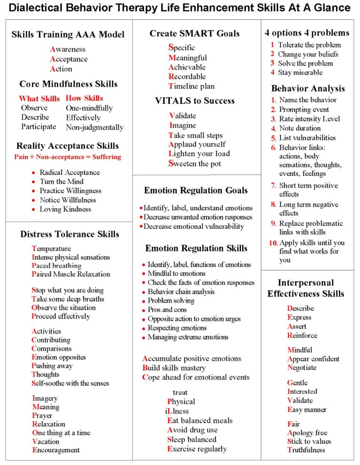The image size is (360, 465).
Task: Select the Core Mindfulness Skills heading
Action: pyautogui.click(x=68, y=84)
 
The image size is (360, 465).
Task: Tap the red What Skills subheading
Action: pyautogui.click(x=39, y=99)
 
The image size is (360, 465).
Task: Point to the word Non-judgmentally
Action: pyautogui.click(x=95, y=127)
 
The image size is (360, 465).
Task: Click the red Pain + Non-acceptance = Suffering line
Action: pyautogui.click(x=67, y=157)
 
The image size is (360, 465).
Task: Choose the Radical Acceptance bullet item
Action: pyautogui.click(x=70, y=172)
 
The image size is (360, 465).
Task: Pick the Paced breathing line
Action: pyautogui.click(x=57, y=266)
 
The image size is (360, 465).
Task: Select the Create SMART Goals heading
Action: pyautogui.click(x=195, y=33)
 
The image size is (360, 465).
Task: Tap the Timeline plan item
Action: pyautogui.click(x=191, y=86)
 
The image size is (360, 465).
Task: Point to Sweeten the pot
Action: pyautogui.click(x=195, y=164)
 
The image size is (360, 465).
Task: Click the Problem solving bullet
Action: pyautogui.click(x=171, y=301)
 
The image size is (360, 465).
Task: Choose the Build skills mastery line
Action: pyautogui.click(x=174, y=368)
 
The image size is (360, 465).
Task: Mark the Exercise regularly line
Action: pyautogui.click(x=197, y=449)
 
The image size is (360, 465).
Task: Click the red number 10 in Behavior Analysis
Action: pyautogui.click(x=273, y=243)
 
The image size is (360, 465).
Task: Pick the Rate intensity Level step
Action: pyautogui.click(x=309, y=119)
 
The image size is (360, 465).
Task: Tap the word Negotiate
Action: pyautogui.click(x=302, y=367)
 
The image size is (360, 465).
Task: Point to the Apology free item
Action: pyautogui.click(x=307, y=433)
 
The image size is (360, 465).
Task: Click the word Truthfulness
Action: pyautogui.click(x=306, y=450)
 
